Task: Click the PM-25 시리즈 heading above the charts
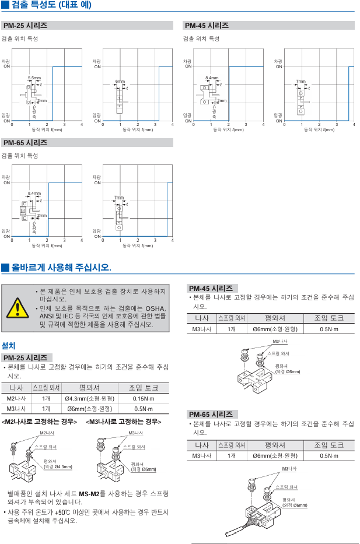[25, 26]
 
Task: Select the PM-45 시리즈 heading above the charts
[207, 26]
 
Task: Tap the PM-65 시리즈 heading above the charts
[25, 143]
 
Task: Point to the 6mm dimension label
[120, 81]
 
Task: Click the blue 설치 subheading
[9, 346]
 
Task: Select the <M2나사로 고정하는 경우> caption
[40, 422]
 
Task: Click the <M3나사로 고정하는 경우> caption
[124, 422]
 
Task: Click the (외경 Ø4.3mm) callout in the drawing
[58, 466]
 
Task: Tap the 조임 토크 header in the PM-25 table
[143, 388]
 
